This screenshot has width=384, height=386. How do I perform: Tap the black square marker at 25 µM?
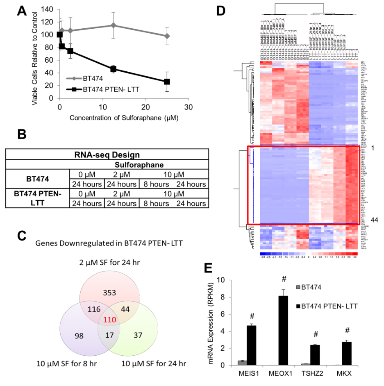click(167, 82)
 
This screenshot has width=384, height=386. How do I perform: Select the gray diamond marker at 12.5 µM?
click(113, 25)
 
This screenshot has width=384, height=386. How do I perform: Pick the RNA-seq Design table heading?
click(108, 155)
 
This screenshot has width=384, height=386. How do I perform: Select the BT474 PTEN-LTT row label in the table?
click(37, 197)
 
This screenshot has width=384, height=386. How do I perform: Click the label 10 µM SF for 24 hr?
click(153, 363)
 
